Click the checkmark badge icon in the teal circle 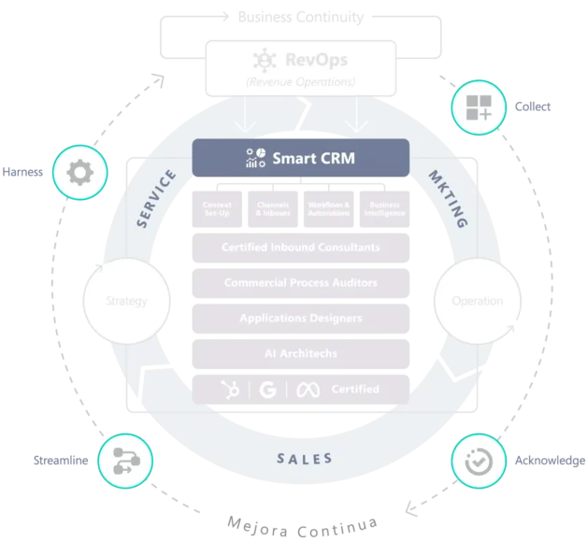(480, 461)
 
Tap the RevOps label (317, 61)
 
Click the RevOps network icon (265, 61)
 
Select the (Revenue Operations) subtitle (300, 83)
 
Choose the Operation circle (477, 301)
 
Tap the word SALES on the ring (305, 459)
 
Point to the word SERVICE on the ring (155, 199)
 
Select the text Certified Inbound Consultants (300, 248)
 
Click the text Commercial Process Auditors (300, 282)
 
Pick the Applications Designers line (300, 318)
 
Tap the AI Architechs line (300, 352)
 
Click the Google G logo (266, 389)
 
